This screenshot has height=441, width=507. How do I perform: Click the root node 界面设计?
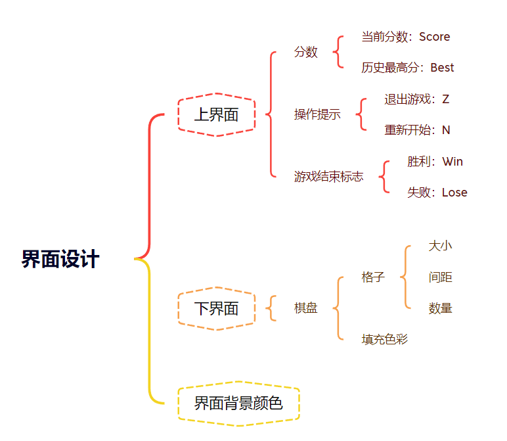click(x=60, y=259)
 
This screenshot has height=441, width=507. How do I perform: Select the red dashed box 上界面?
click(x=216, y=115)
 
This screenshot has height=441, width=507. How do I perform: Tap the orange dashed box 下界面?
click(x=216, y=308)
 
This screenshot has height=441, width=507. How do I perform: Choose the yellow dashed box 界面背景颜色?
click(x=238, y=404)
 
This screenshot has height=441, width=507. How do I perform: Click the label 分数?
click(x=305, y=52)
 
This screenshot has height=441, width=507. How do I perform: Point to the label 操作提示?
click(x=317, y=114)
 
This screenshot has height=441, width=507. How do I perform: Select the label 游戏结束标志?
click(x=328, y=177)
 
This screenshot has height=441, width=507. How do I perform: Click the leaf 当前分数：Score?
click(x=405, y=37)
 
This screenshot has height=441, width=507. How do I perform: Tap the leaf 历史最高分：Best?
click(x=407, y=68)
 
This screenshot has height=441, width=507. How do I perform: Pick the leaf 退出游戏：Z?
click(x=416, y=99)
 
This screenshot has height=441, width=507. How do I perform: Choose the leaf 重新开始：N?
click(x=417, y=130)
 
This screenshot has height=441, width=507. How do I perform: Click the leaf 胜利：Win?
click(x=435, y=162)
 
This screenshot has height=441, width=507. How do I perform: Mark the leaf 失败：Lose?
click(x=437, y=193)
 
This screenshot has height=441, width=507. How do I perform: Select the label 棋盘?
click(x=305, y=308)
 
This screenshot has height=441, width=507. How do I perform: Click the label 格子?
click(x=372, y=277)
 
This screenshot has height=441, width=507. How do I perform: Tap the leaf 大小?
click(x=440, y=246)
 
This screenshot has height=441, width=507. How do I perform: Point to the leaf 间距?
click(x=440, y=277)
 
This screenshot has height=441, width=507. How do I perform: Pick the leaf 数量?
click(x=440, y=308)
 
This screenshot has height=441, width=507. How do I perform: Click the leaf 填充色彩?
click(x=384, y=340)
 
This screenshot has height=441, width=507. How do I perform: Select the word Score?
click(x=434, y=37)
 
